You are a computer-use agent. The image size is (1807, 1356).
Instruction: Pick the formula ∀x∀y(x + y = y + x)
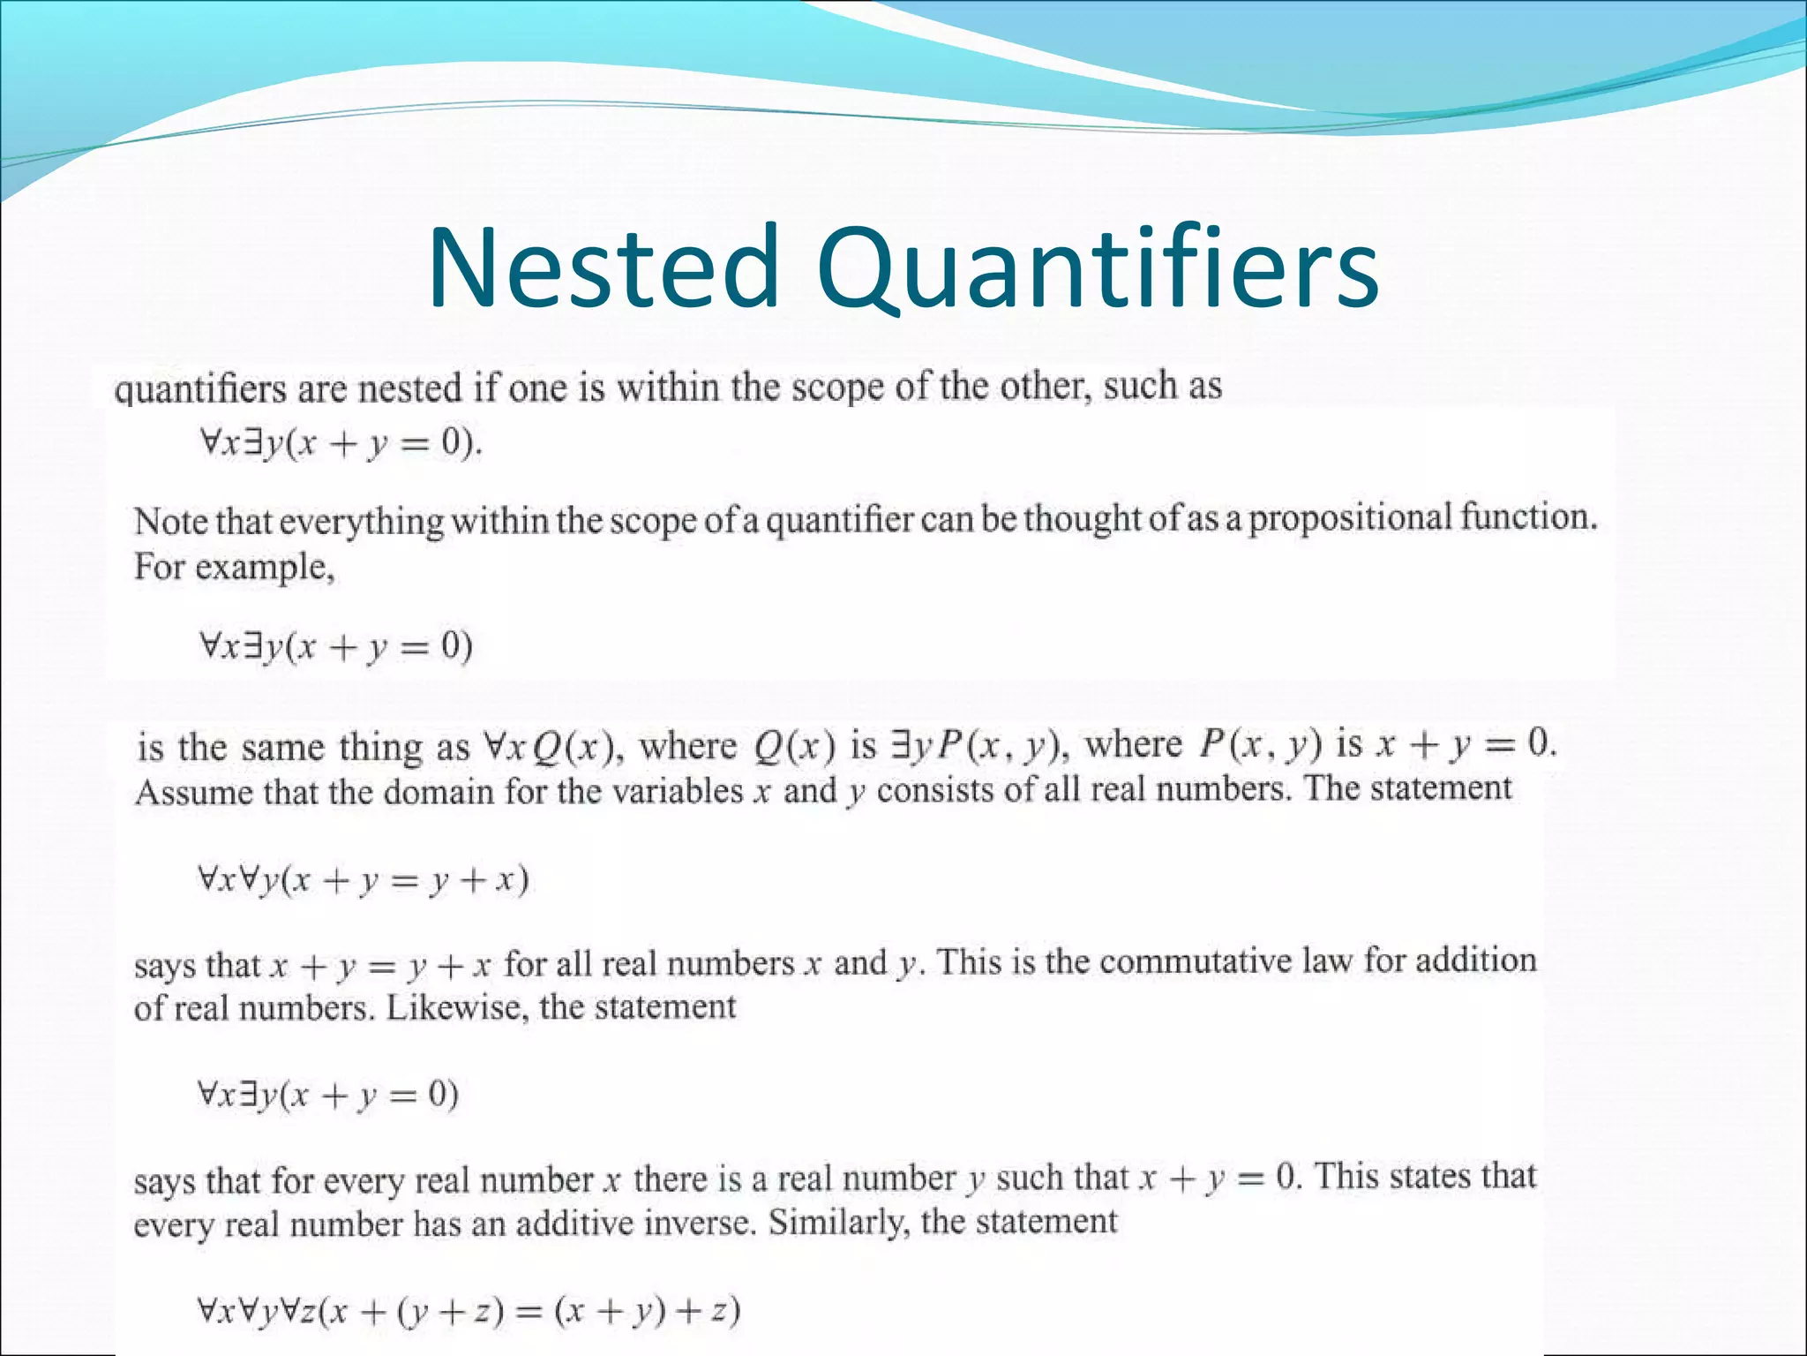coord(363,879)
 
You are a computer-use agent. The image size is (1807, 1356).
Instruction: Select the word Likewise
coord(454,1007)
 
